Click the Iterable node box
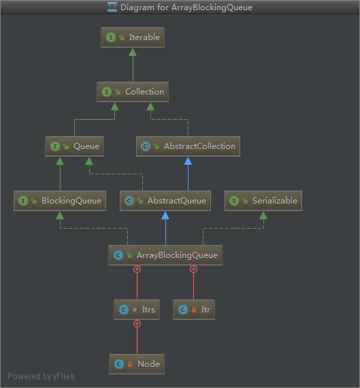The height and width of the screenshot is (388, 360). point(133,37)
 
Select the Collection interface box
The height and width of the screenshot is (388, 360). point(133,92)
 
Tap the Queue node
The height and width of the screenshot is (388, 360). point(74,146)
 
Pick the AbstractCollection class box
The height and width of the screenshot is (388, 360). point(188,146)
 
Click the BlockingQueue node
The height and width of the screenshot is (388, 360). point(60,201)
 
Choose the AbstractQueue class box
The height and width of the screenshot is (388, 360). point(165,201)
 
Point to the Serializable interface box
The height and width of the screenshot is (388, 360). point(263,201)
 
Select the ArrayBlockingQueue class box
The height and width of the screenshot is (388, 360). point(165,255)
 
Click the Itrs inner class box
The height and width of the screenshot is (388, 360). point(137,310)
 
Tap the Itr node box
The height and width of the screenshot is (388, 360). point(194,310)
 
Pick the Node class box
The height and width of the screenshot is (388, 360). point(137,364)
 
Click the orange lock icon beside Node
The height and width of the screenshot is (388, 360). point(130,364)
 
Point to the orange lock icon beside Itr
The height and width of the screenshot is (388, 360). point(194,310)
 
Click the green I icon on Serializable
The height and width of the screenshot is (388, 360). point(234,201)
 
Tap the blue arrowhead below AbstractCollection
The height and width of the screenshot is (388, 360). point(188,161)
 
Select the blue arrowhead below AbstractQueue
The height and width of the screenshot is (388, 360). point(165,215)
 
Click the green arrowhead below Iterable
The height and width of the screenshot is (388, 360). point(133,52)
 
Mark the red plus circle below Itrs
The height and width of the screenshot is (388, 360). point(137,323)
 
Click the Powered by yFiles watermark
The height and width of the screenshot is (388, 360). point(41,376)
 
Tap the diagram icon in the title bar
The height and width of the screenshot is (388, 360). point(112,7)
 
